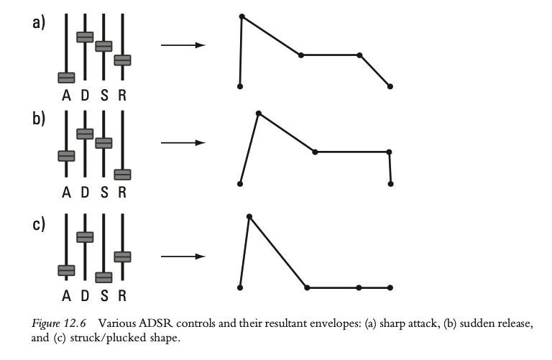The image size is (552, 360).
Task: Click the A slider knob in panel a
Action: pos(67,77)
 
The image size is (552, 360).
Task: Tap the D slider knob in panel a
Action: pos(86,37)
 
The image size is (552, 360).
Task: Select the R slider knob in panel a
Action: pos(122,60)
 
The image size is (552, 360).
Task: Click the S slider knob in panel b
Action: pos(104,142)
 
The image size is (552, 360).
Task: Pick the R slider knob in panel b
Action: pos(122,174)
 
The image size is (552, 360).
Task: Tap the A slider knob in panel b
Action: pos(67,155)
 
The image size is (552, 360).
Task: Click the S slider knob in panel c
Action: pos(104,277)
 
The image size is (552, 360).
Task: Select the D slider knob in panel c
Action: pos(86,236)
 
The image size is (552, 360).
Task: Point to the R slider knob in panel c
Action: pos(122,256)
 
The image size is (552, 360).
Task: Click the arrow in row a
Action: pos(183,45)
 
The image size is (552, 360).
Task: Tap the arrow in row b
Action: pos(183,143)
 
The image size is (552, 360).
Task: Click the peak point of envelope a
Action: pos(241,16)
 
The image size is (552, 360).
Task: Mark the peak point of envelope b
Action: pos(258,113)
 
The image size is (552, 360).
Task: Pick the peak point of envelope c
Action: pos(249,216)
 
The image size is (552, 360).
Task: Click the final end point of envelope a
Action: pos(390,86)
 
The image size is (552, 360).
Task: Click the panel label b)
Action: pos(39,119)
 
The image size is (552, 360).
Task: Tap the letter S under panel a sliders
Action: pos(104,95)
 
